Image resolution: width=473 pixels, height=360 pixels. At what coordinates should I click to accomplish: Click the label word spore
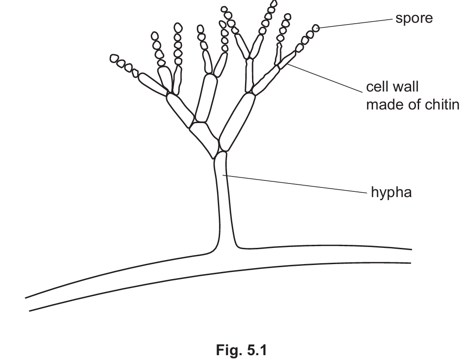click(413, 18)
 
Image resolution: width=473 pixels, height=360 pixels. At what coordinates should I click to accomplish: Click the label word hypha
click(391, 192)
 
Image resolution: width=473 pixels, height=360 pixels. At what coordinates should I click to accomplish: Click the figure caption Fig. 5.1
click(241, 350)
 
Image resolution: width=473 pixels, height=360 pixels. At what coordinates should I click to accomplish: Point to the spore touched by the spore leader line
click(316, 28)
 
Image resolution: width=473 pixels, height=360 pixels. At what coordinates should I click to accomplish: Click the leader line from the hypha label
click(294, 184)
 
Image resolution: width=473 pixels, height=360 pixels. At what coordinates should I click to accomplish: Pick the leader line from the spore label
click(355, 23)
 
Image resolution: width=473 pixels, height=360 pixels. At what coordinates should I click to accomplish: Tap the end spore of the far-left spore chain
click(114, 58)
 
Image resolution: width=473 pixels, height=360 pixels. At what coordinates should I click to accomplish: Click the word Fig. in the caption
click(228, 350)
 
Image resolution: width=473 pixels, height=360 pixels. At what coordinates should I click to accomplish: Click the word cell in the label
click(376, 87)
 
